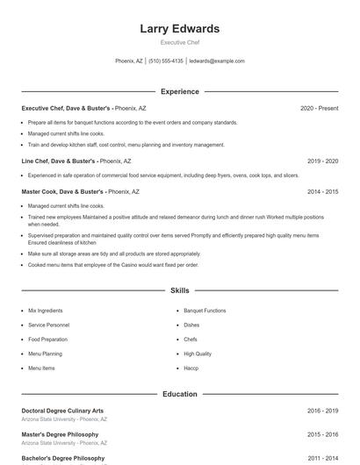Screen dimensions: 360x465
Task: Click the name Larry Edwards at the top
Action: (179, 29)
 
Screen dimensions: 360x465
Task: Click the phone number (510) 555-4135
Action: (166, 61)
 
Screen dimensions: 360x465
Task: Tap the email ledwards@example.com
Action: (217, 61)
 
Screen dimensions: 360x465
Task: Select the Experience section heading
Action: (179, 91)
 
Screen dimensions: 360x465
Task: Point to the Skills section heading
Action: (179, 290)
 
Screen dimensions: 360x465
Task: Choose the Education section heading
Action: (179, 394)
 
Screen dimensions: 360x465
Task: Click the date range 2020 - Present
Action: (319, 108)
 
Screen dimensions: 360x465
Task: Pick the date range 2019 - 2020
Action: (322, 161)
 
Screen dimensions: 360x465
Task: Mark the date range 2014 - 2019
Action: (322, 191)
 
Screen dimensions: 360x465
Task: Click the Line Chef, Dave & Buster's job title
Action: (59, 161)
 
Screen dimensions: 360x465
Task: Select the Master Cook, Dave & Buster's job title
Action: (62, 191)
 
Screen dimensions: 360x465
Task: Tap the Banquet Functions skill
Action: (205, 311)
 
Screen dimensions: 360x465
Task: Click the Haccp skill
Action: (191, 368)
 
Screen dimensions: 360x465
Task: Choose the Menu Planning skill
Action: (45, 354)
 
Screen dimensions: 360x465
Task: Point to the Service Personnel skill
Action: (48, 325)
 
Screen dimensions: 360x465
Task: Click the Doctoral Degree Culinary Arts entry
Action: (62, 411)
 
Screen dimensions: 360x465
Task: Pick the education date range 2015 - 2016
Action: (322, 434)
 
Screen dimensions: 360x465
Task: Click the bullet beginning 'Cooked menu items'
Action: (113, 264)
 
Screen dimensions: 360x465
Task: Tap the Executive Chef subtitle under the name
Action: (179, 42)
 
